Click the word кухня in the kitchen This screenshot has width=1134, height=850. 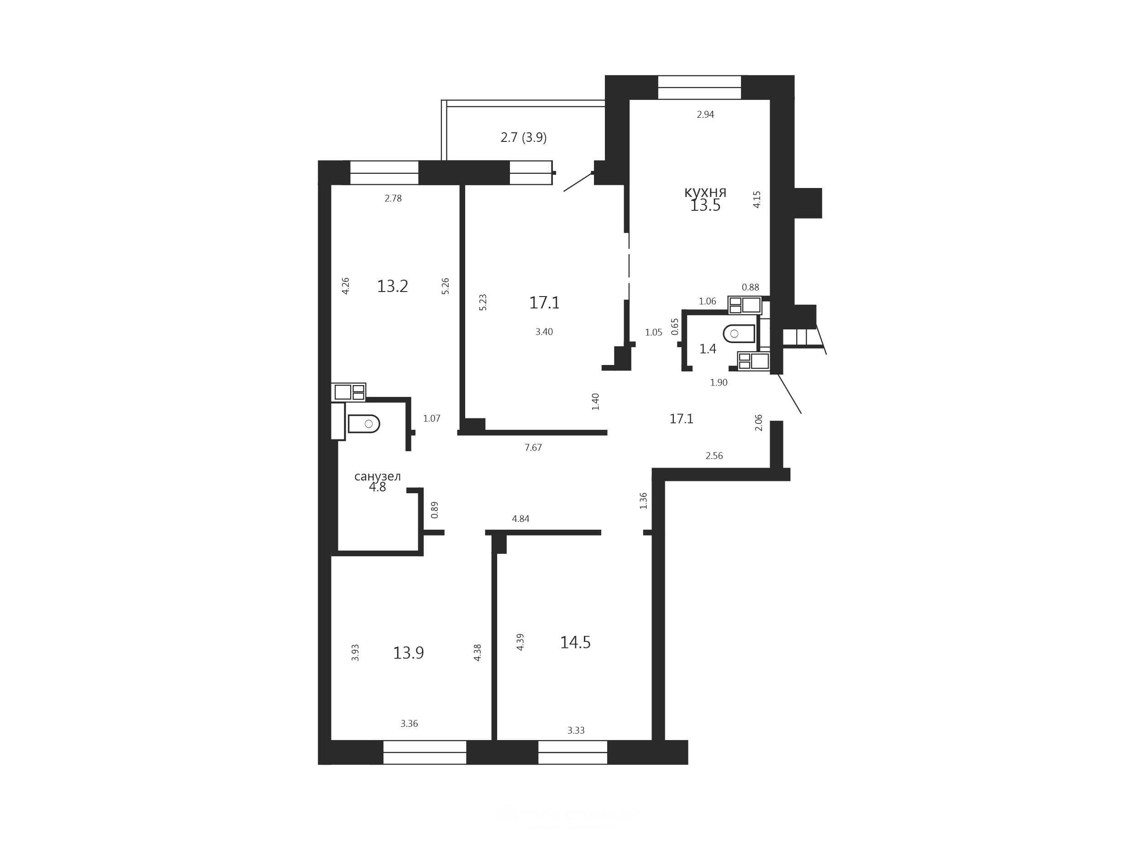click(x=705, y=193)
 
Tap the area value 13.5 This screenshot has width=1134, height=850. click(x=705, y=205)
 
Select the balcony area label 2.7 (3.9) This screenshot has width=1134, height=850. click(x=524, y=137)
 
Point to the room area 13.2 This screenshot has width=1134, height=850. click(x=392, y=286)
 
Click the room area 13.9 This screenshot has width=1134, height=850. click(x=408, y=653)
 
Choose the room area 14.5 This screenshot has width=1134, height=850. click(x=575, y=642)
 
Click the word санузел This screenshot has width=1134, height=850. click(x=378, y=476)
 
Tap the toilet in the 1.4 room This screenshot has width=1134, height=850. click(x=739, y=334)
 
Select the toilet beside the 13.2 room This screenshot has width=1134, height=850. click(x=363, y=424)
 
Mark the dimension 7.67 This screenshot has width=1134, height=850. click(x=533, y=447)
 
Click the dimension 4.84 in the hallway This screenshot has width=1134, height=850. click(x=520, y=518)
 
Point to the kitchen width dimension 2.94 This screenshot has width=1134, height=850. click(x=705, y=114)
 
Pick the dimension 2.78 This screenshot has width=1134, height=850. click(x=393, y=198)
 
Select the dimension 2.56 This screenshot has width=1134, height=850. click(x=714, y=455)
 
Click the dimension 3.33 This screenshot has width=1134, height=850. click(x=576, y=730)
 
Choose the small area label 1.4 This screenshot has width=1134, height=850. click(x=708, y=349)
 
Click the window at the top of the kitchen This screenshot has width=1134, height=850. click(x=699, y=87)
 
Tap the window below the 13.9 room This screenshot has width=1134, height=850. click(x=425, y=752)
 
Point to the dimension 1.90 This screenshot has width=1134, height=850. click(x=719, y=382)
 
